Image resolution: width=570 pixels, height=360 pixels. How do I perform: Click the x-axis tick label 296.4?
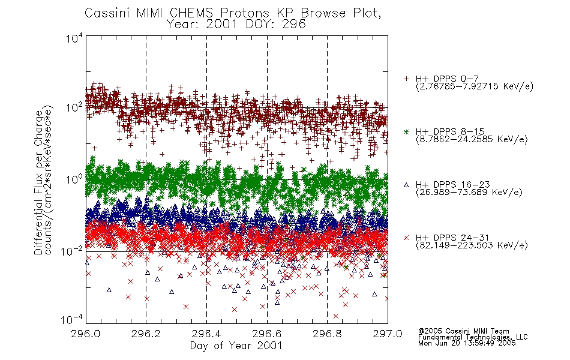point(206,334)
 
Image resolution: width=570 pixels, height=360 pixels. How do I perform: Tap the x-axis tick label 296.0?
point(85,334)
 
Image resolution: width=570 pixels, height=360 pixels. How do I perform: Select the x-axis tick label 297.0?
point(388,334)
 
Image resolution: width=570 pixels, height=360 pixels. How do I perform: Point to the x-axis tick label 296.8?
point(327,334)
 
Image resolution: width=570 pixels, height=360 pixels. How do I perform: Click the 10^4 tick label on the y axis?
point(74,38)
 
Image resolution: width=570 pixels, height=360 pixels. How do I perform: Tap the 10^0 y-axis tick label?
point(74,179)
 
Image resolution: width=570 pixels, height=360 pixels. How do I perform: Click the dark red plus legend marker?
point(406,79)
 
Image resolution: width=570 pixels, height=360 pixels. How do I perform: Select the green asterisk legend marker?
point(406,131)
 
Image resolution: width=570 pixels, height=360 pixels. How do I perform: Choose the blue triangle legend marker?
point(406,185)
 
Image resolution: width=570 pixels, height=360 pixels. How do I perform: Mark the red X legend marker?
point(406,238)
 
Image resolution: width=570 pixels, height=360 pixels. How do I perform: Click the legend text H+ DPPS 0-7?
point(447,79)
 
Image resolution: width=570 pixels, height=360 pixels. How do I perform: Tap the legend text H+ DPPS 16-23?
point(452,184)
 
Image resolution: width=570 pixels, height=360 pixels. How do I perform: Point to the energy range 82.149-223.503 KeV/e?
point(472,245)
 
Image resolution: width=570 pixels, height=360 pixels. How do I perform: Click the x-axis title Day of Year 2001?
point(236,346)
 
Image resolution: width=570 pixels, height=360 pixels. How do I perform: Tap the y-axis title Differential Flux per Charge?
point(38,182)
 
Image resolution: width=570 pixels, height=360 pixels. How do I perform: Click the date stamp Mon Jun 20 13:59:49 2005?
point(467,343)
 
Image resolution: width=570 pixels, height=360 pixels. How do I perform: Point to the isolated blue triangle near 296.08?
point(109,290)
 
